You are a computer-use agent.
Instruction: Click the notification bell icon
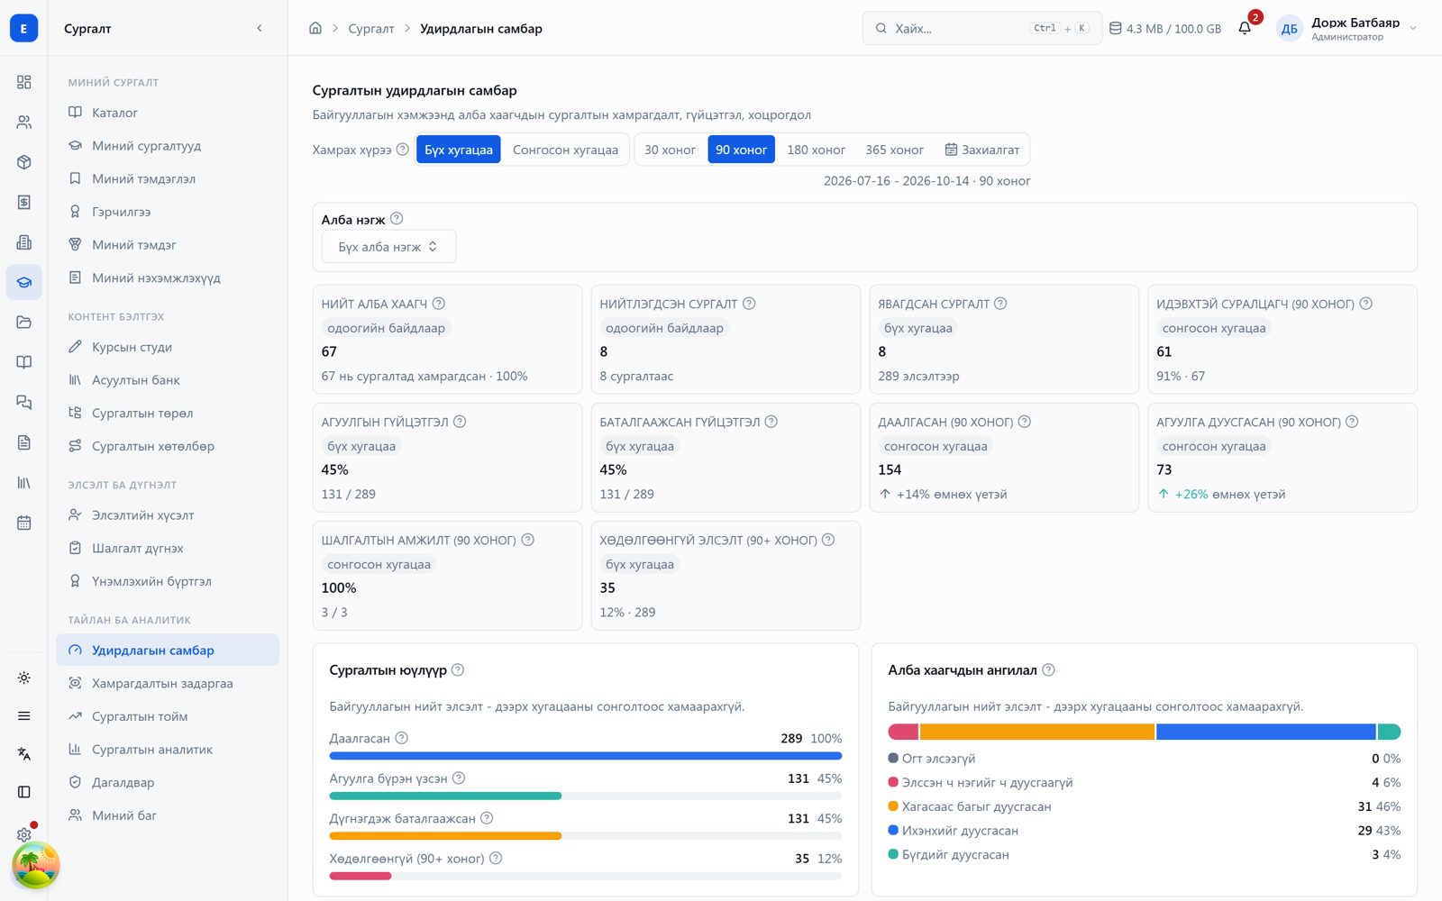pyautogui.click(x=1245, y=28)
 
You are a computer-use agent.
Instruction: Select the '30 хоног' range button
pyautogui.click(x=670, y=150)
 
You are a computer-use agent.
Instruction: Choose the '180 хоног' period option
pyautogui.click(x=816, y=150)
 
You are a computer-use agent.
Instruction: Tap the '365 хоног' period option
pyautogui.click(x=894, y=150)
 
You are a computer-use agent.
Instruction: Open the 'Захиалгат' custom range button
pyautogui.click(x=981, y=150)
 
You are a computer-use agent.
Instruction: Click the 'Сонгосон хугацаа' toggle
pyautogui.click(x=565, y=150)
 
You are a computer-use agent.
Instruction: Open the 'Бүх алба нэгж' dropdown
pyautogui.click(x=388, y=247)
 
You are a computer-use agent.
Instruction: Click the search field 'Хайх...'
pyautogui.click(x=981, y=28)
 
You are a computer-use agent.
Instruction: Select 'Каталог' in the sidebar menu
pyautogui.click(x=114, y=113)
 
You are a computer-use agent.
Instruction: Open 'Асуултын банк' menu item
pyautogui.click(x=135, y=379)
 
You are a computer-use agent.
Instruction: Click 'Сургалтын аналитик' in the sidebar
pyautogui.click(x=152, y=749)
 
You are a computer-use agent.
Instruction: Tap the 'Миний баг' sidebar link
pyautogui.click(x=124, y=815)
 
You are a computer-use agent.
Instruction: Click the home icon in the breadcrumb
pyautogui.click(x=315, y=28)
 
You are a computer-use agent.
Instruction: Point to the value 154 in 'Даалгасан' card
pyautogui.click(x=890, y=469)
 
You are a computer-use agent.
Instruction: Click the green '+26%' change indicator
pyautogui.click(x=1191, y=495)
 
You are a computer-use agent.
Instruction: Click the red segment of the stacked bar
pyautogui.click(x=903, y=732)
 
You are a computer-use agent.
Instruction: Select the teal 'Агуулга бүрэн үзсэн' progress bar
pyautogui.click(x=445, y=796)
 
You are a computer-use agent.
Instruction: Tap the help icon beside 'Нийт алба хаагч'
pyautogui.click(x=438, y=304)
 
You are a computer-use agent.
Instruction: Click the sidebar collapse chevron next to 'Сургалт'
pyautogui.click(x=260, y=28)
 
